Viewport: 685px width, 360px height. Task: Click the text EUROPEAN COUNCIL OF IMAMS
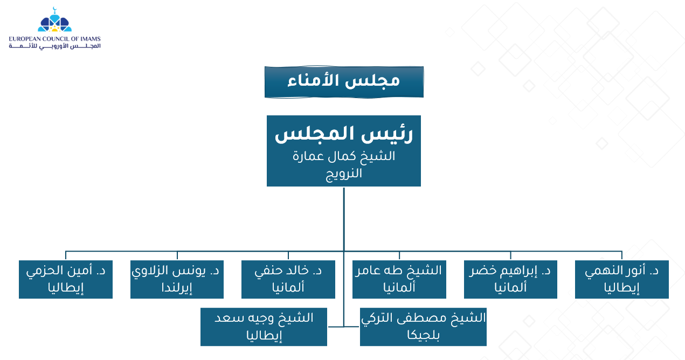pyautogui.click(x=55, y=39)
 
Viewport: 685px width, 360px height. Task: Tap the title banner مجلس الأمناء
pyautogui.click(x=344, y=82)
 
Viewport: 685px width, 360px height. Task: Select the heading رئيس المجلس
pyautogui.click(x=344, y=134)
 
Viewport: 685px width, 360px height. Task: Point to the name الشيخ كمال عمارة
pyautogui.click(x=344, y=156)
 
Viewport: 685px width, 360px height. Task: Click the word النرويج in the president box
pyautogui.click(x=344, y=174)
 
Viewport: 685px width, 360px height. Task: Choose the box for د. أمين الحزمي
pyautogui.click(x=66, y=279)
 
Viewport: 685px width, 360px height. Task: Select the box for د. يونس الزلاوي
pyautogui.click(x=177, y=279)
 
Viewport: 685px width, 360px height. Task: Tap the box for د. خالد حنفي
pyautogui.click(x=288, y=279)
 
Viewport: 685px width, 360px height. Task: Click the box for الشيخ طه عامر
pyautogui.click(x=399, y=279)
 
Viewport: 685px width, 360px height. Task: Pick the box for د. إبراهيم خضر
pyautogui.click(x=511, y=279)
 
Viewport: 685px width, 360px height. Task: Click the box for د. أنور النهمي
pyautogui.click(x=622, y=279)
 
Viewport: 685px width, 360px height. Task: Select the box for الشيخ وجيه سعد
pyautogui.click(x=264, y=327)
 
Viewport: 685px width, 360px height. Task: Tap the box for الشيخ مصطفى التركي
pyautogui.click(x=423, y=327)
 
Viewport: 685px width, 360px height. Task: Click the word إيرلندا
pyautogui.click(x=177, y=288)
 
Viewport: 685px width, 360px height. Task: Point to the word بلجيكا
pyautogui.click(x=423, y=335)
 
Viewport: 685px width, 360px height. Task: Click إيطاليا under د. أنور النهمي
pyautogui.click(x=622, y=288)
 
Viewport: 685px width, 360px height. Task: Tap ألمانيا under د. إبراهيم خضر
pyautogui.click(x=511, y=287)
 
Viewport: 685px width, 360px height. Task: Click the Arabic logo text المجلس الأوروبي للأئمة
pyautogui.click(x=55, y=46)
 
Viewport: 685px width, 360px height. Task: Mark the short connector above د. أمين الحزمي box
pyautogui.click(x=66, y=255)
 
